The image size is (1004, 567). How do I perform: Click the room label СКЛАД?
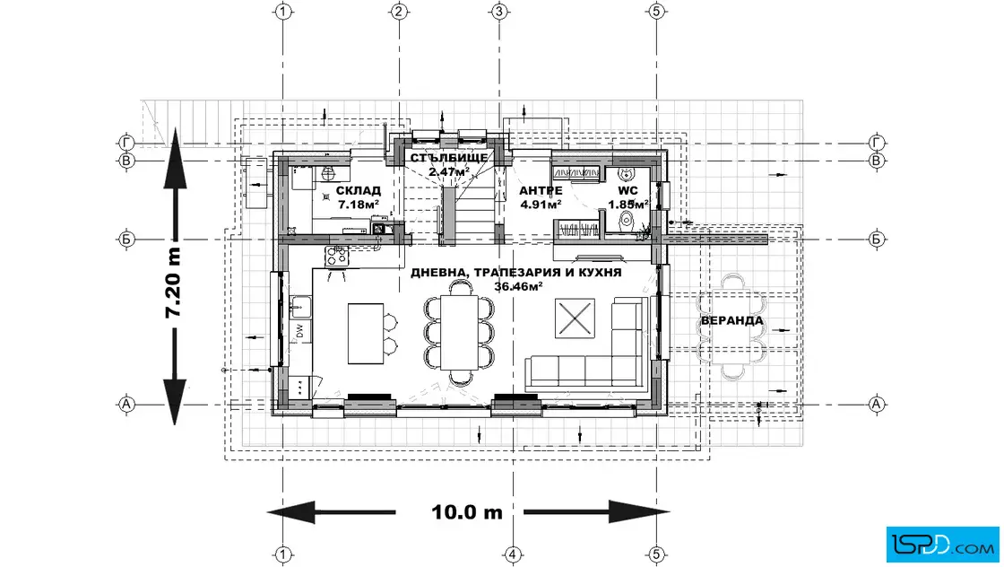(358, 190)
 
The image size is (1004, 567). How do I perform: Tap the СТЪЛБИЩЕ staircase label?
(449, 158)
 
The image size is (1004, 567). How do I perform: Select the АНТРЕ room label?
(541, 190)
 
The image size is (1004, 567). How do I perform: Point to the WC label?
(627, 190)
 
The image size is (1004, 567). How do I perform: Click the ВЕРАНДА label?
(731, 320)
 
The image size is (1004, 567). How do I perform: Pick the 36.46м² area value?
(518, 286)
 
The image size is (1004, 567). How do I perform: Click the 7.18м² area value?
(358, 205)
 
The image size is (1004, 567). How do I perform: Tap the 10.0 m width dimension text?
(467, 512)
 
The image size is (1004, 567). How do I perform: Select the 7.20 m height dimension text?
(173, 283)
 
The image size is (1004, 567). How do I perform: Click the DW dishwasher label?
(299, 330)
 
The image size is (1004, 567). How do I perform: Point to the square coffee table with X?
(575, 318)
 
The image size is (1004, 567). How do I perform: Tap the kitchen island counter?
(366, 333)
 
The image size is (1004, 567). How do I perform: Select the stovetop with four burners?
(337, 256)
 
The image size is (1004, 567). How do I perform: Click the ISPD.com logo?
(942, 545)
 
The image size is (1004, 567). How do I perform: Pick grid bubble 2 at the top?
(399, 11)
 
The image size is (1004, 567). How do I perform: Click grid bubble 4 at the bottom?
(512, 554)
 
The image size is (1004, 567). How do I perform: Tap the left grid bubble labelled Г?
(126, 143)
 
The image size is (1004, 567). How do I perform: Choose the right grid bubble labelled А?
(877, 405)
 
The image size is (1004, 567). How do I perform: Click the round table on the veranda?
(731, 319)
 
